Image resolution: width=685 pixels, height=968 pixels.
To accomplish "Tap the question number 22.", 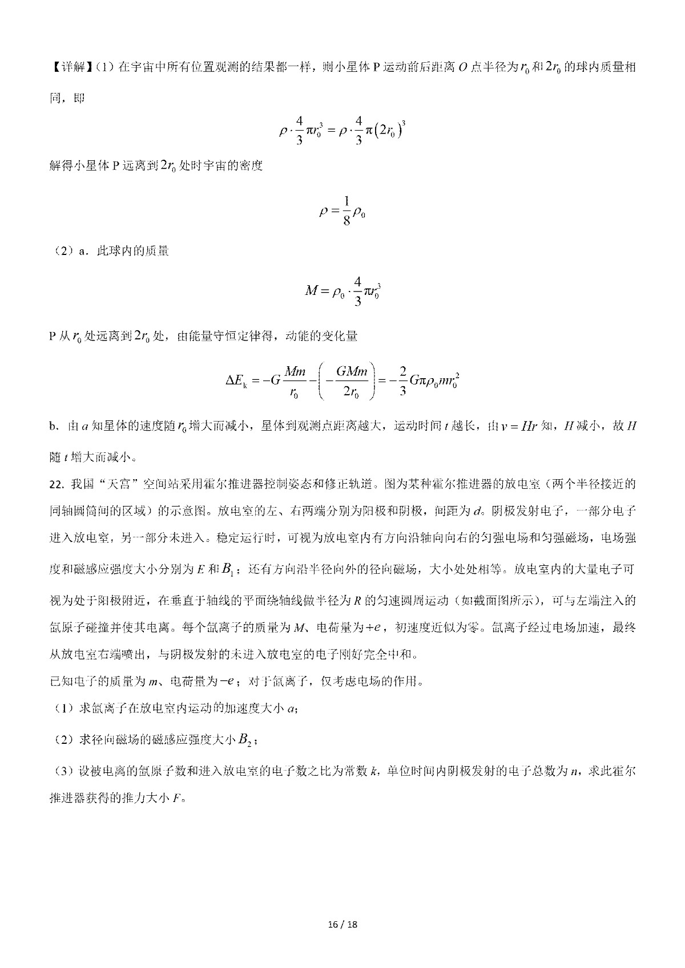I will (x=57, y=484).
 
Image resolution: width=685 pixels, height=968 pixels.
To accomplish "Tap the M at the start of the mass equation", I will (x=311, y=290).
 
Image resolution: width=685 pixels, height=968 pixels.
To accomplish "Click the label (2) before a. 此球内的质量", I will (x=62, y=251).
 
